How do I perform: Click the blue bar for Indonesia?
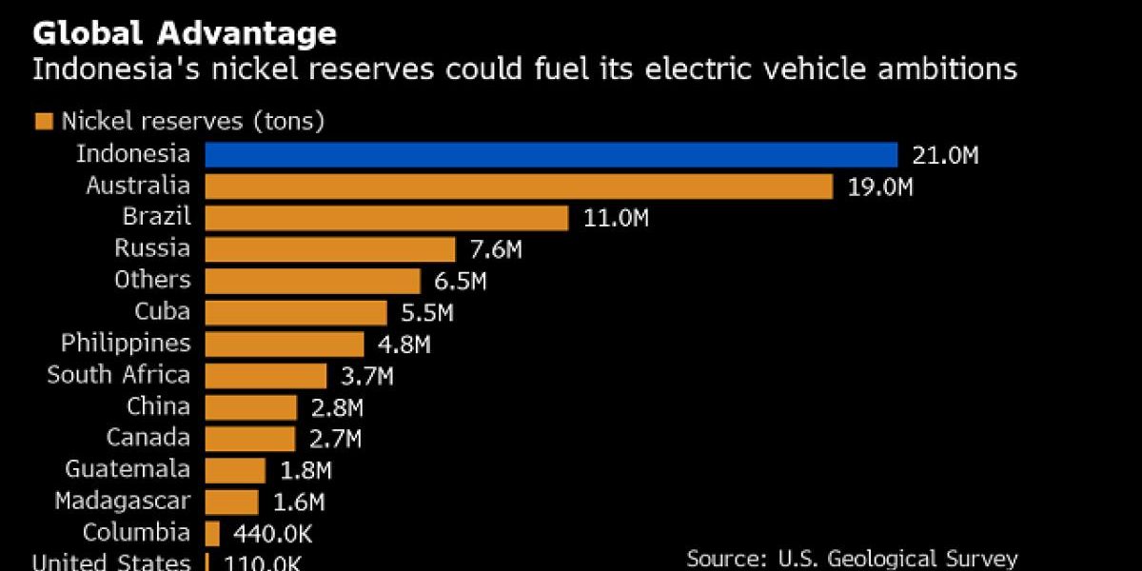[551, 154]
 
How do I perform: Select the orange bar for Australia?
[519, 186]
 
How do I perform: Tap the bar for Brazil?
[386, 217]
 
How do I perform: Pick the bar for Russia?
[330, 248]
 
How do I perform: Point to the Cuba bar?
[296, 312]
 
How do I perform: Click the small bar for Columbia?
[212, 532]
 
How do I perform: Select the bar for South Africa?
[266, 375]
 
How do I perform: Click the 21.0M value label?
[945, 155]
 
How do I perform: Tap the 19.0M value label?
[880, 187]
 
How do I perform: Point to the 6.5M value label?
[461, 281]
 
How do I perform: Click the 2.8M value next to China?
[338, 407]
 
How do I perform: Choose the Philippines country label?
[126, 344]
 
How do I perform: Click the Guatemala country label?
[128, 469]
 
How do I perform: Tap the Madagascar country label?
[123, 501]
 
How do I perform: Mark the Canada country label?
[148, 438]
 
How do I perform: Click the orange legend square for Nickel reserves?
[43, 121]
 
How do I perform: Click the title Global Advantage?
[185, 34]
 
